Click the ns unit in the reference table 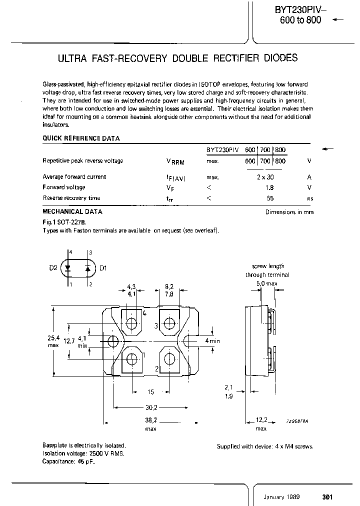point(310,198)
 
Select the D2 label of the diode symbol point(53,268)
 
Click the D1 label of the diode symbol point(103,268)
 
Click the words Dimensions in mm point(289,212)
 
